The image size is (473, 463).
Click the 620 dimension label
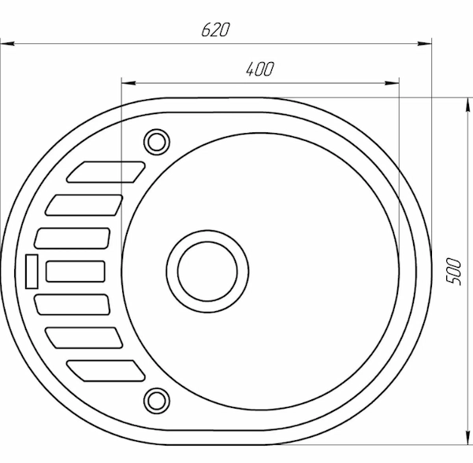[215, 30]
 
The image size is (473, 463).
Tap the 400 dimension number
[260, 69]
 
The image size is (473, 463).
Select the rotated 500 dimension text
[454, 271]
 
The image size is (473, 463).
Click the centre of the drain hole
[207, 272]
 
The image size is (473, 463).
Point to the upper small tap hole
[157, 142]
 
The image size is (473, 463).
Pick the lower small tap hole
[157, 401]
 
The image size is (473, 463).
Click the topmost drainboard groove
[106, 172]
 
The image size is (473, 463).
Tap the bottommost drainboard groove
[106, 371]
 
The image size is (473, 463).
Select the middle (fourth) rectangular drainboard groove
[76, 272]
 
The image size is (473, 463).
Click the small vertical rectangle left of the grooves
[32, 272]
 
